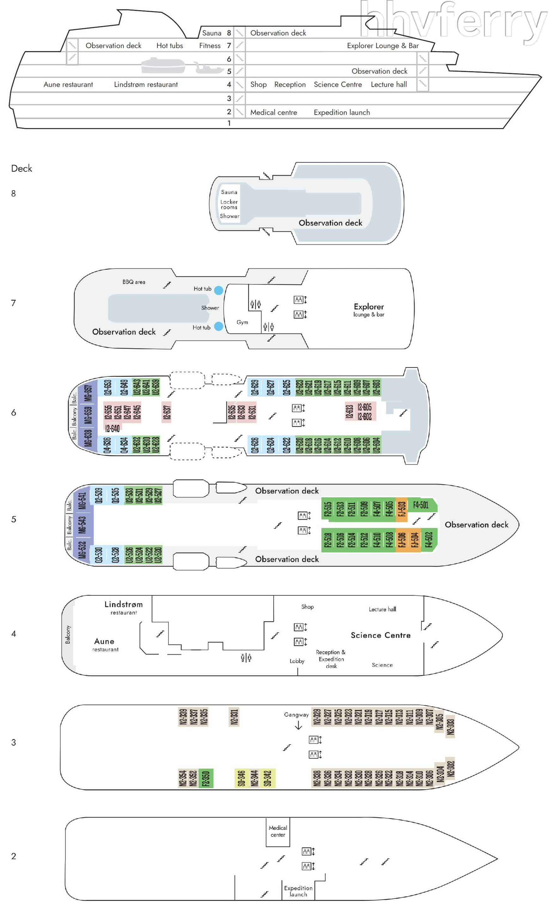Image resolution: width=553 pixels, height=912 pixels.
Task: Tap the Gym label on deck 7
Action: (242, 322)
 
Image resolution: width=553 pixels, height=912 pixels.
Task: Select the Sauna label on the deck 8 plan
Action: (229, 192)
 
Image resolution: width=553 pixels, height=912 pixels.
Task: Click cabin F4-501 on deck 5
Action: (421, 505)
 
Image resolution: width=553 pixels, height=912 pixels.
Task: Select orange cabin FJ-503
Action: (401, 509)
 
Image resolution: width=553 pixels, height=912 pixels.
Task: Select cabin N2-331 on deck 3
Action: (234, 717)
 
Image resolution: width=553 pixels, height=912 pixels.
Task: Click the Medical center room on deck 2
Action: (278, 831)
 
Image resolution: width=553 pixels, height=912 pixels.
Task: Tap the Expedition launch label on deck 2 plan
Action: (298, 891)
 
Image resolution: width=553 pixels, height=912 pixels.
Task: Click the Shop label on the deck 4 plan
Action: (307, 607)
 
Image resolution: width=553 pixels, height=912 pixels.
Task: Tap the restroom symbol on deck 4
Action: (246, 658)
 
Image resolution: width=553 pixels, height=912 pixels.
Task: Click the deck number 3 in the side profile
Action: (229, 98)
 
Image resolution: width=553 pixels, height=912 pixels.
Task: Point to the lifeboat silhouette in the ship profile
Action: (163, 65)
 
